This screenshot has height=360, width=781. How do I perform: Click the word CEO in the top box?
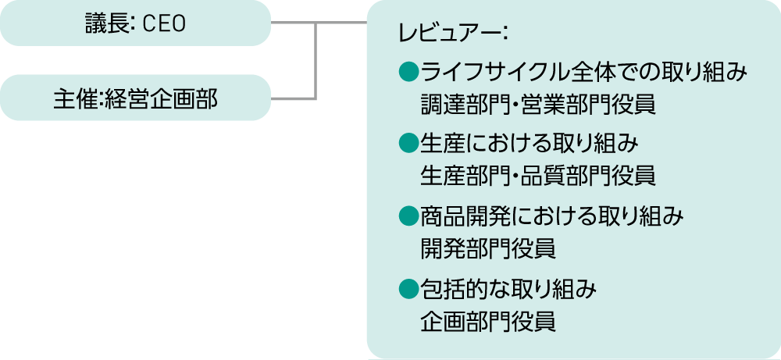coord(165,24)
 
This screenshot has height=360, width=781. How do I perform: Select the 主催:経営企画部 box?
coord(135,98)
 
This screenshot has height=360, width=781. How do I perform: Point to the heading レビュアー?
coord(453,34)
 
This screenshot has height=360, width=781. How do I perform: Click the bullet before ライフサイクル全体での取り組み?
coord(406,73)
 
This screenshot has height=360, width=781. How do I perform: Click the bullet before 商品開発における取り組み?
coord(406,214)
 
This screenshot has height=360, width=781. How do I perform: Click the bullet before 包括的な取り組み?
coord(406,290)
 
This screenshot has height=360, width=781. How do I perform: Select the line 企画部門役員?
coord(488,320)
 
